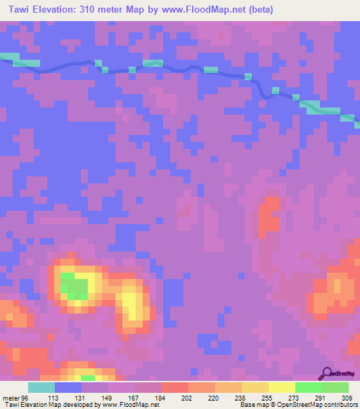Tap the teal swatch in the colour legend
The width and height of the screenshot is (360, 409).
click(x=41, y=387)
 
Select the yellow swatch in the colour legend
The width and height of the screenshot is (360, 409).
click(x=282, y=387)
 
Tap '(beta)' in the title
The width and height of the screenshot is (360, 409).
click(x=258, y=10)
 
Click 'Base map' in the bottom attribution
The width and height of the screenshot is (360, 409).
click(x=252, y=405)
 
